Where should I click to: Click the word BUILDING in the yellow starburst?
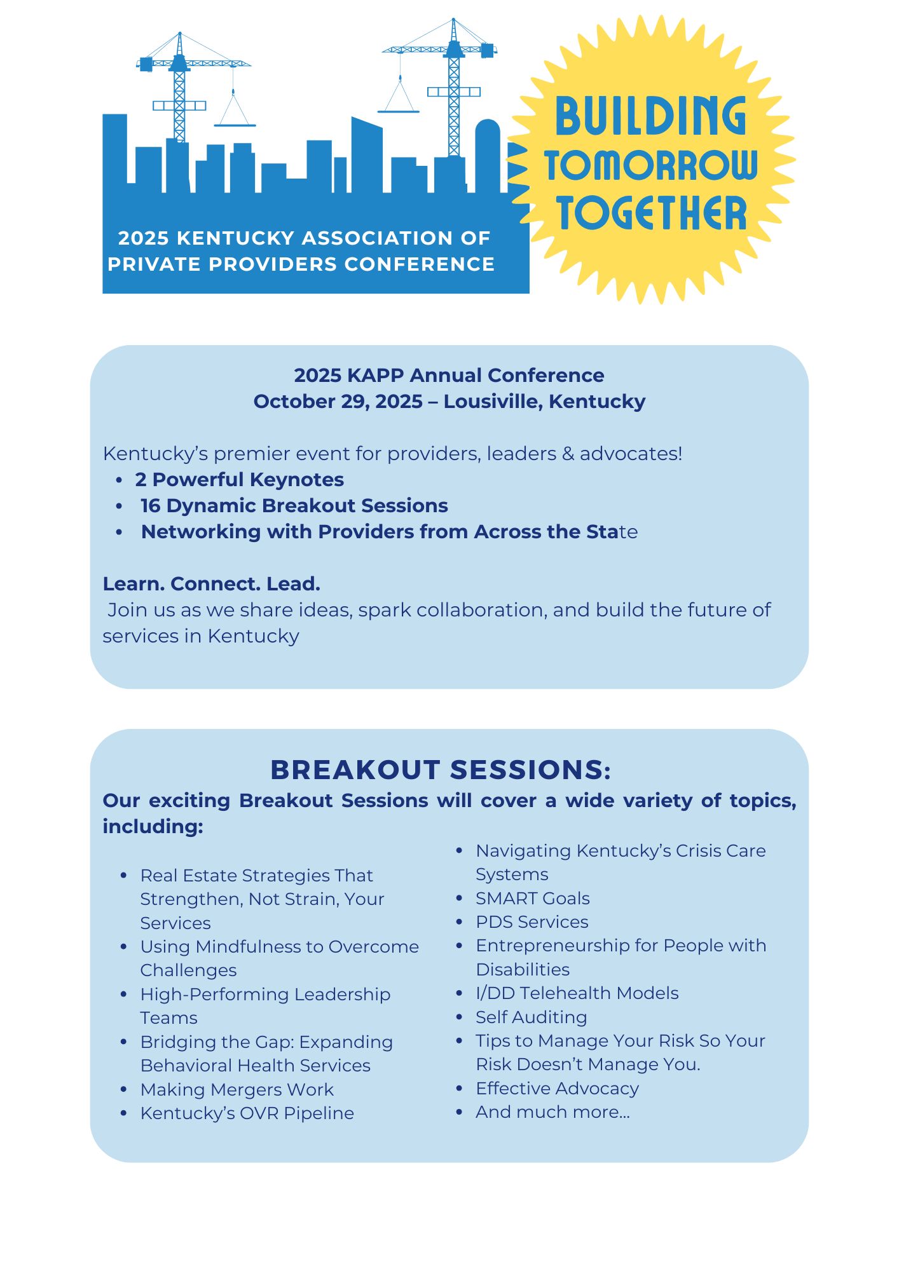coord(650,116)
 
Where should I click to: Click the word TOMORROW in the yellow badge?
coord(651,165)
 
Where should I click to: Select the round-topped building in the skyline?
coord(488,156)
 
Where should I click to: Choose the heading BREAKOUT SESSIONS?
coord(440,770)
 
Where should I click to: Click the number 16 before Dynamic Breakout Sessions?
coord(151,506)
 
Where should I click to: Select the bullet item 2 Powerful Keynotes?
coord(239,480)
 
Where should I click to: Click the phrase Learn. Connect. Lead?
coord(212,584)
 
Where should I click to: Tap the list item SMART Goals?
coord(532,898)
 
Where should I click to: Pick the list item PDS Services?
coord(532,921)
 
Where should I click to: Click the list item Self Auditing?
coord(531,1017)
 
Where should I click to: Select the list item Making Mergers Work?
coord(237,1089)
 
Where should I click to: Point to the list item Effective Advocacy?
coord(557,1088)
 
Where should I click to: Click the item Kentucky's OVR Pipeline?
coord(247,1113)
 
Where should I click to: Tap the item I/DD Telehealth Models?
coord(577,993)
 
